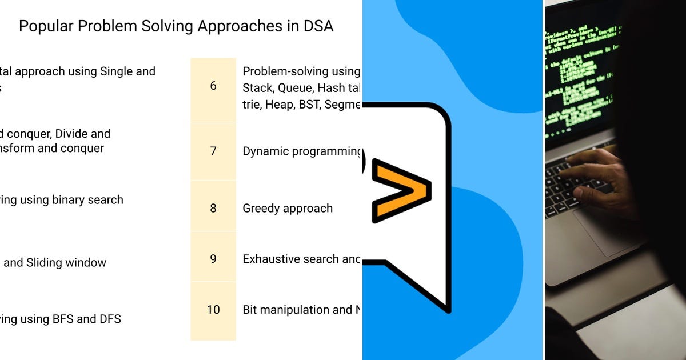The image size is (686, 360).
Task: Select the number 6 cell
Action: pyautogui.click(x=213, y=86)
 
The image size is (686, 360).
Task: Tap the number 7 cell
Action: pyautogui.click(x=213, y=151)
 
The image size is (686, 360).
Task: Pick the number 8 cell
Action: pyautogui.click(x=213, y=208)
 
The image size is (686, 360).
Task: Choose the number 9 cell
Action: pyautogui.click(x=213, y=259)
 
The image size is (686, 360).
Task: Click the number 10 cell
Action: pyautogui.click(x=213, y=310)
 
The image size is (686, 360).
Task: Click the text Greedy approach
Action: pyautogui.click(x=288, y=209)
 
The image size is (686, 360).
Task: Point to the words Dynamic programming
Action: pyautogui.click(x=301, y=152)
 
